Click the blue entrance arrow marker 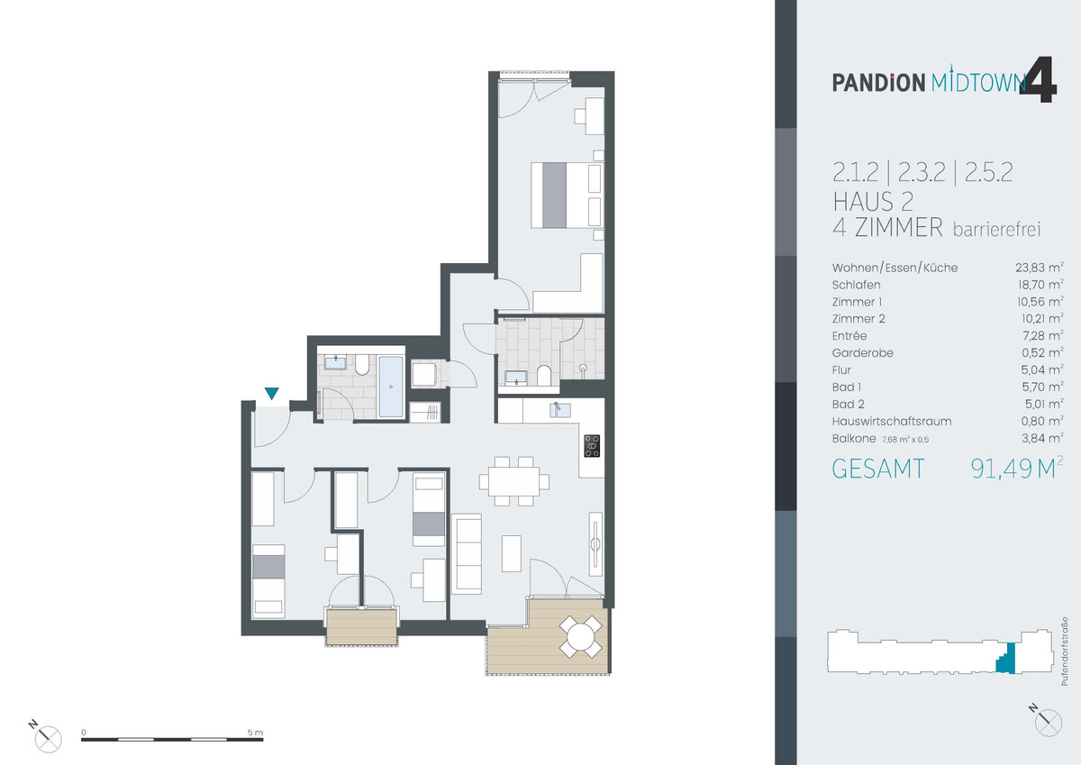271,393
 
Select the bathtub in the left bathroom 390,387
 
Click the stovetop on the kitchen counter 592,445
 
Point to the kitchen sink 559,411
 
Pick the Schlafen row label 857,285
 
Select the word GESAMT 877,469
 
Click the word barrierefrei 996,230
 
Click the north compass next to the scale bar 49,737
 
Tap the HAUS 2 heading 873,201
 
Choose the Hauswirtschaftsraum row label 892,421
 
